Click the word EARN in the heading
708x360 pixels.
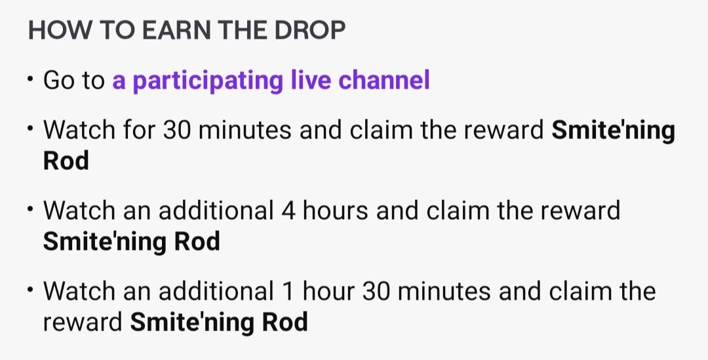[177, 30]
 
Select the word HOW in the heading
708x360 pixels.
[60, 30]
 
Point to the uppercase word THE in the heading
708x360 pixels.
[243, 30]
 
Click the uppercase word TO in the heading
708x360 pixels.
[117, 30]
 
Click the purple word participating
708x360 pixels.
[208, 81]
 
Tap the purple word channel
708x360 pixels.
[383, 80]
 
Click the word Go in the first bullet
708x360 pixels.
[59, 81]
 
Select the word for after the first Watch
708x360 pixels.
[139, 130]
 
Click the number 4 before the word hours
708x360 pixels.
[288, 211]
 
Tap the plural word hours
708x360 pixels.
[336, 210]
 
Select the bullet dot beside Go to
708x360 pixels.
[30, 79]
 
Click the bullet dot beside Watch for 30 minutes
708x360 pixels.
[30, 129]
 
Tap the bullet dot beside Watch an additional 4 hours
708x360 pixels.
[30, 209]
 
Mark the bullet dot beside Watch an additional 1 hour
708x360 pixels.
[30, 290]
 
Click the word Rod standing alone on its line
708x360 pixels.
[66, 161]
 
